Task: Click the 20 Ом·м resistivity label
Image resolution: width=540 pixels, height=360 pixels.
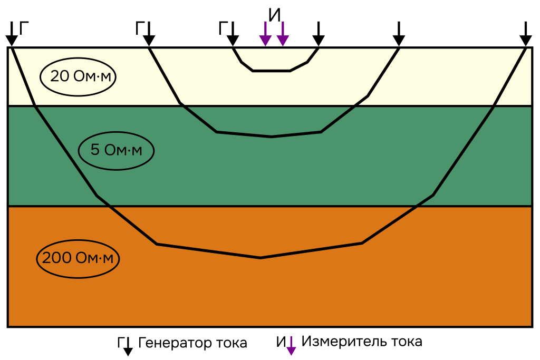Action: tap(79, 76)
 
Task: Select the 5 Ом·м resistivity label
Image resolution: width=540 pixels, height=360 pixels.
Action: tap(116, 150)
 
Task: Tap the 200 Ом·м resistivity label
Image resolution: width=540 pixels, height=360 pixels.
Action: tap(78, 259)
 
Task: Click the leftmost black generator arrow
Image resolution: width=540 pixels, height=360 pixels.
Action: tap(11, 35)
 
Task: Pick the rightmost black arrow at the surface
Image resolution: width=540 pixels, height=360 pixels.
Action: tap(526, 35)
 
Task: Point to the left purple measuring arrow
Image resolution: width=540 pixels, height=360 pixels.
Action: tap(265, 35)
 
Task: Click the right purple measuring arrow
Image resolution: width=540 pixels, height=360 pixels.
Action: tap(283, 35)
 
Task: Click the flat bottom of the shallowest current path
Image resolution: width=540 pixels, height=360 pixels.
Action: tap(272, 71)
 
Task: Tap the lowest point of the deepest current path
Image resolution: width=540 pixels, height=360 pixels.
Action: tap(260, 258)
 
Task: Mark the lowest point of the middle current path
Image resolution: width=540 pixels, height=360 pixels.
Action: tap(272, 137)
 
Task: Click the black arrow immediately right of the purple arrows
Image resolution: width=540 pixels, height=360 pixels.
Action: tap(318, 35)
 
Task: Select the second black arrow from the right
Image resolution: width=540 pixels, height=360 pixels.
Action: tap(399, 35)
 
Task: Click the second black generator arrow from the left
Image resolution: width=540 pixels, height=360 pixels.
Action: tap(149, 35)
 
